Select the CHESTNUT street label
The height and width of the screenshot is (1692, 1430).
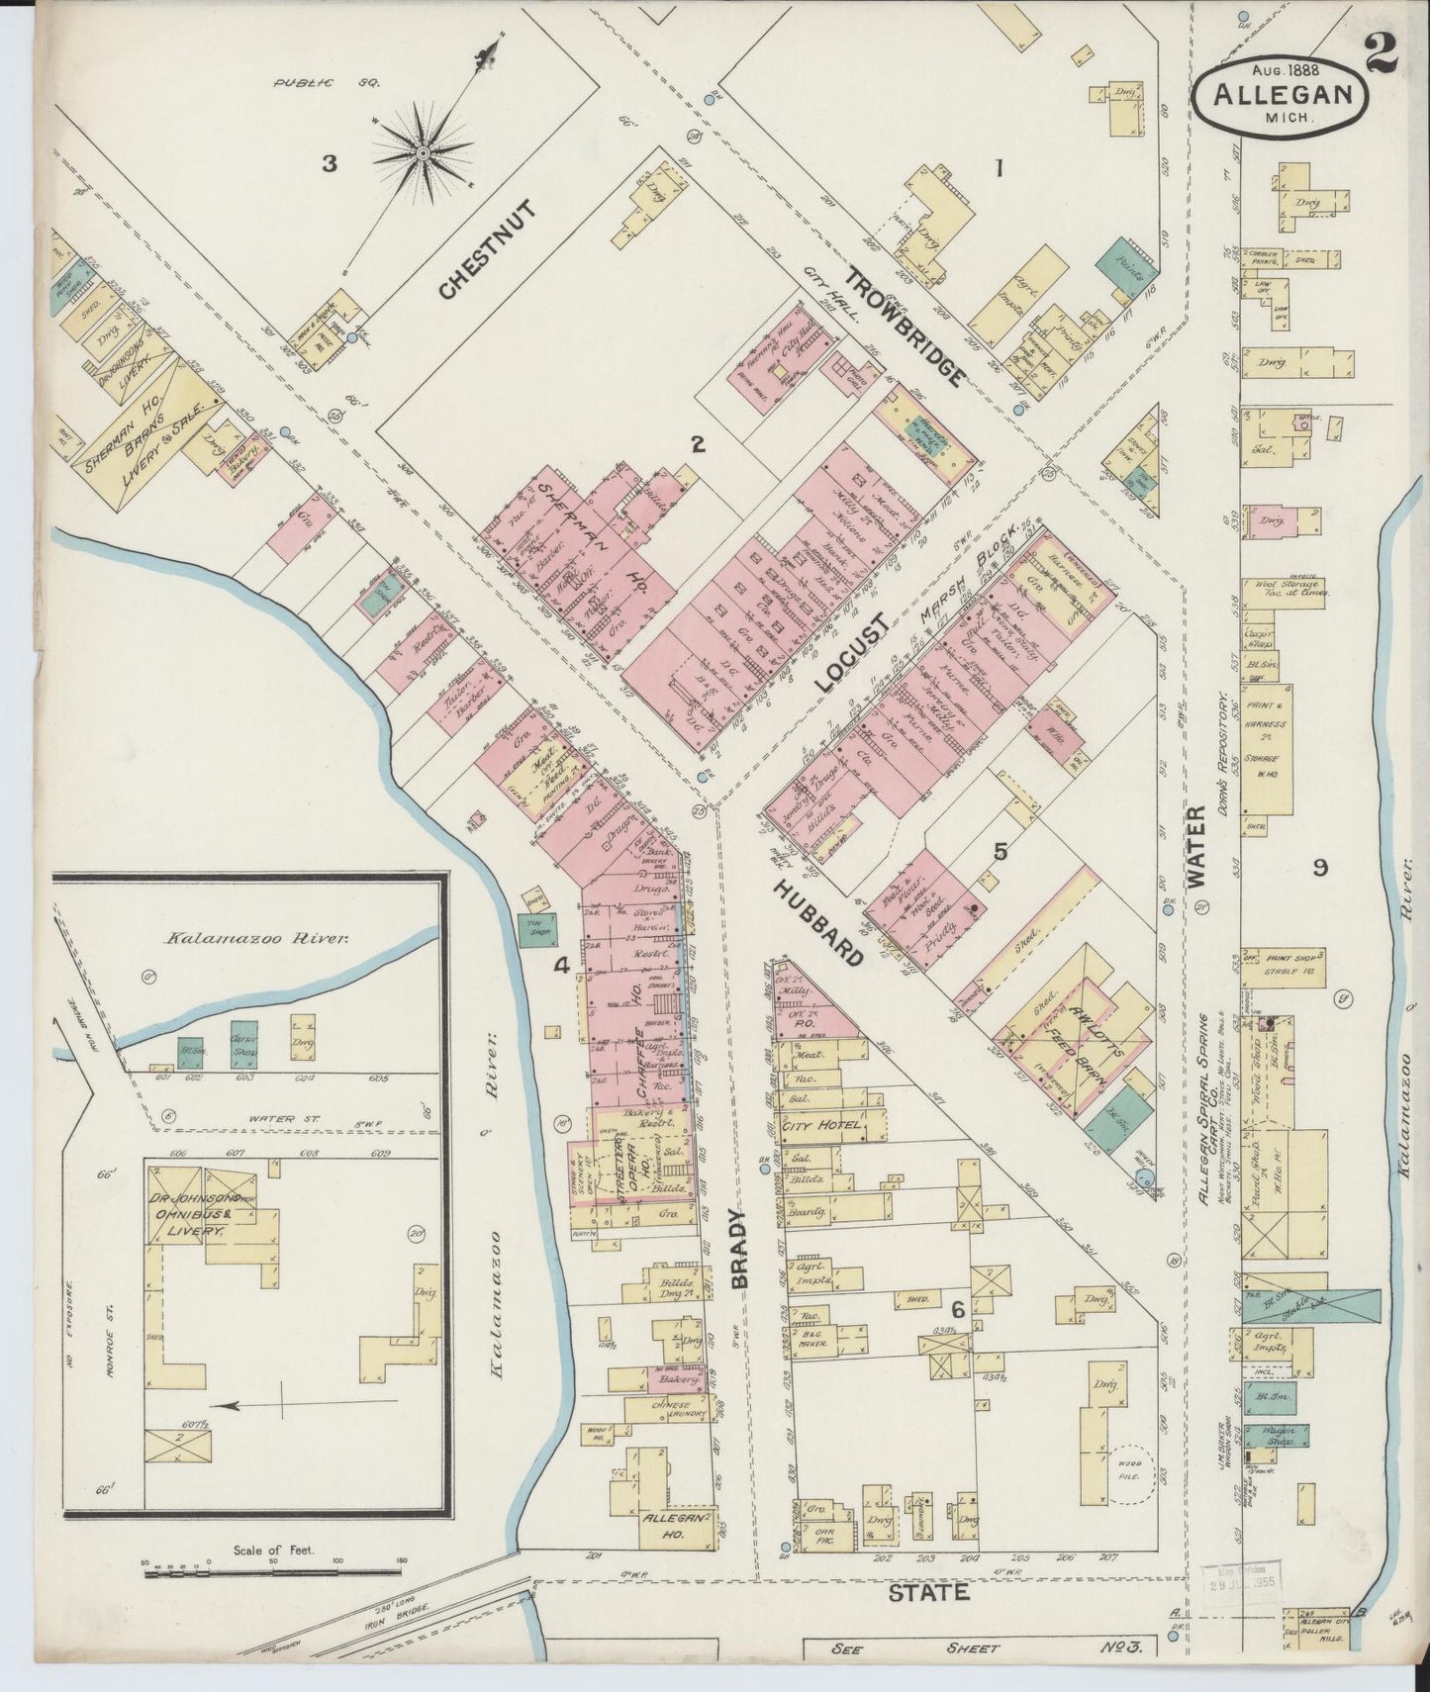pos(486,248)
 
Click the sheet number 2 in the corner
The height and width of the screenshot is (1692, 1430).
pos(1382,47)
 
